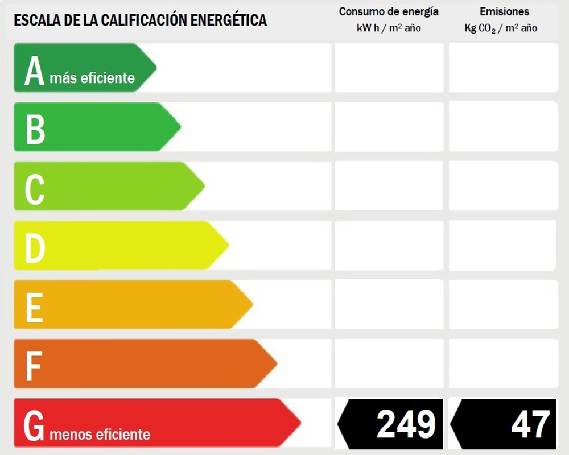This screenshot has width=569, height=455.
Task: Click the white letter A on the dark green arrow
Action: [35, 71]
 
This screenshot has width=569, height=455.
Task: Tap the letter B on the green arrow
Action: [35, 129]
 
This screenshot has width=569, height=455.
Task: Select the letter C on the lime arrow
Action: [35, 189]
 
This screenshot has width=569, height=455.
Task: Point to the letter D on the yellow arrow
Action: [35, 248]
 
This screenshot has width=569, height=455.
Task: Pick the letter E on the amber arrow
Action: [35, 308]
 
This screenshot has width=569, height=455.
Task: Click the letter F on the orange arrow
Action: [34, 366]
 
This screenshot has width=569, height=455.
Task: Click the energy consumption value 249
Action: [406, 424]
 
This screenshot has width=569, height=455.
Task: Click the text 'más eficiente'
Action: [92, 78]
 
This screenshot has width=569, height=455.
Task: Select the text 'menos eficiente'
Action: [100, 434]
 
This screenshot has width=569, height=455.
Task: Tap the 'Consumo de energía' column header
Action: [389, 12]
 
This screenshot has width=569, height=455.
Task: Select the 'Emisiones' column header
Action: [504, 11]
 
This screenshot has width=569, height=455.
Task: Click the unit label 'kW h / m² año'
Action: [389, 28]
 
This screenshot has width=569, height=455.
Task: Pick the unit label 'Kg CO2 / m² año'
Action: [501, 28]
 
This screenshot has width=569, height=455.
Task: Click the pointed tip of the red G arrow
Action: [301, 423]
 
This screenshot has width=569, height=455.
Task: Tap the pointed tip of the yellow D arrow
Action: [229, 245]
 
